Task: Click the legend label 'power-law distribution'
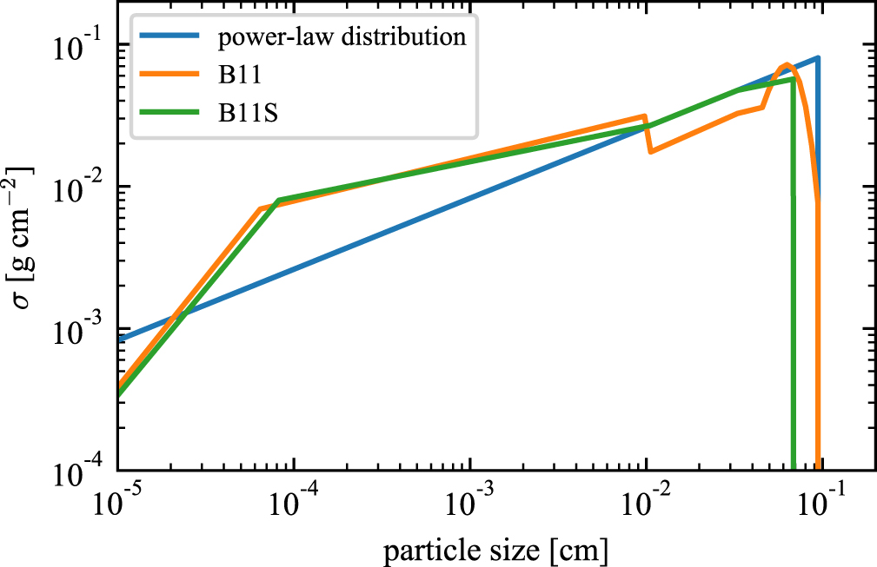tap(342, 36)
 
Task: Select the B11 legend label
tap(240, 75)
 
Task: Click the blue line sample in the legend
tap(169, 36)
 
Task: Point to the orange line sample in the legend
tap(169, 75)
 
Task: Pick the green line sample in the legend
tap(169, 112)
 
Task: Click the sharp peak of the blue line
tap(818, 57)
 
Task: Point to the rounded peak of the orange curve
tap(787, 65)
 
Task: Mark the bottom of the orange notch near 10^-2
tap(650, 151)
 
